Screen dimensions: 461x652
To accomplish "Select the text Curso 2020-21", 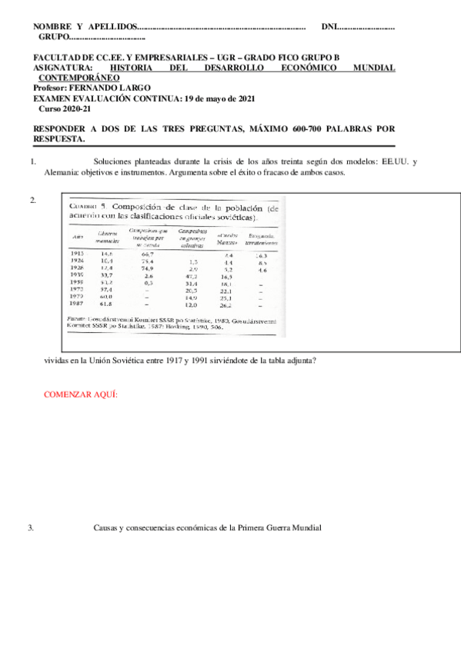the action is [65, 108].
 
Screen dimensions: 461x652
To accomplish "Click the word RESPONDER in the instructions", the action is [66, 129].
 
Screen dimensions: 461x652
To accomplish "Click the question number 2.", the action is [33, 200].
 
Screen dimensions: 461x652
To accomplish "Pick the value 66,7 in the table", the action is [148, 253].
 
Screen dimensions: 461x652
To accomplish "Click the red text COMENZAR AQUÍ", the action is [80, 394].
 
